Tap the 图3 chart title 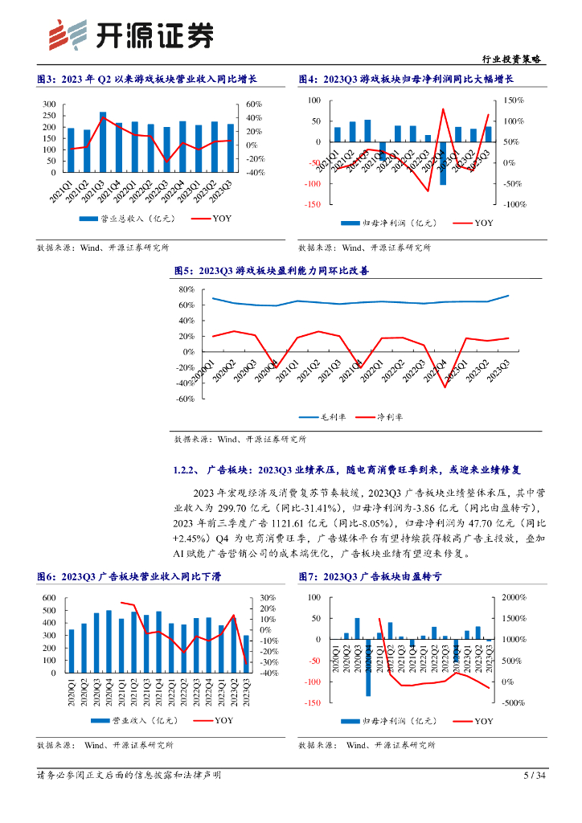[146, 79]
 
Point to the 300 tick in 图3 [49, 104]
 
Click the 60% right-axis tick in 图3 [255, 104]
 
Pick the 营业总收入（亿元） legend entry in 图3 [121, 219]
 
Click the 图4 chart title [406, 79]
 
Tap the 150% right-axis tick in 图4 [514, 100]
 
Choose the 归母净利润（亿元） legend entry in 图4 [383, 223]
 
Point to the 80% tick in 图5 [186, 289]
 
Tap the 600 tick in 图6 [49, 598]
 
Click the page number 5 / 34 [534, 776]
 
